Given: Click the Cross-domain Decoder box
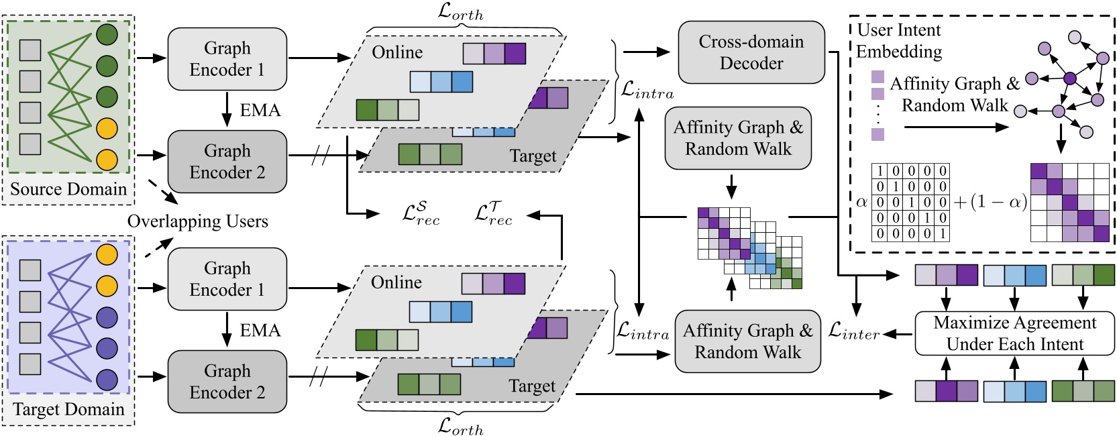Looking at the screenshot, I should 751,52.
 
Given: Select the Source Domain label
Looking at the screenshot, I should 68,189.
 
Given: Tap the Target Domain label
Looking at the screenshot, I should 68,409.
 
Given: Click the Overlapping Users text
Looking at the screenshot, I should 197,221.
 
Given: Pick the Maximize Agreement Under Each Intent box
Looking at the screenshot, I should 1014,333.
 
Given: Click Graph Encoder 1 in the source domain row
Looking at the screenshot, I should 227,59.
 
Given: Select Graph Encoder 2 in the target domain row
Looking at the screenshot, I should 227,382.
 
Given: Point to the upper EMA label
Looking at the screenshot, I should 260,110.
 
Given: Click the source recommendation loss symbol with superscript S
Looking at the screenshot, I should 421,213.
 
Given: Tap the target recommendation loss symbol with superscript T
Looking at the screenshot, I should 493,213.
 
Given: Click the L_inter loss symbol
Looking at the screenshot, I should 853,331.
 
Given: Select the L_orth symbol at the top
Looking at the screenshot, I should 460,11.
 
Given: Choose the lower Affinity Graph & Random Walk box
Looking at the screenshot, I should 747,341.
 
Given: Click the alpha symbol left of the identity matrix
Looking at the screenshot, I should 861,202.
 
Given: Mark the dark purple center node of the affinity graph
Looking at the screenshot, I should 1070,78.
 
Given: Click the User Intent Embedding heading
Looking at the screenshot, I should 899,41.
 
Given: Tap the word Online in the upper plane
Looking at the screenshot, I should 397,52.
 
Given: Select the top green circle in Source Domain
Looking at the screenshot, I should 107,35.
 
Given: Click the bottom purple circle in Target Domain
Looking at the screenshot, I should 107,380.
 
